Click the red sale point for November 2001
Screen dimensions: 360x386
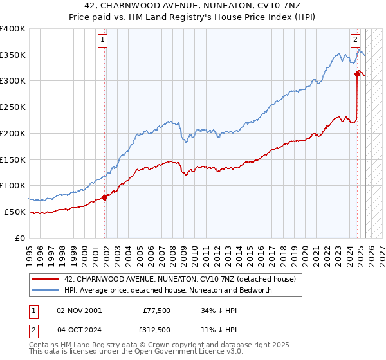(105, 197)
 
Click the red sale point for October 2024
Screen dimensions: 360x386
(357, 74)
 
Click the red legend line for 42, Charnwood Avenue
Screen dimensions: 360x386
(46, 279)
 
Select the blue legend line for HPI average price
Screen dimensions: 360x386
(46, 290)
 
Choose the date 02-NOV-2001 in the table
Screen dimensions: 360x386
(79, 310)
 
